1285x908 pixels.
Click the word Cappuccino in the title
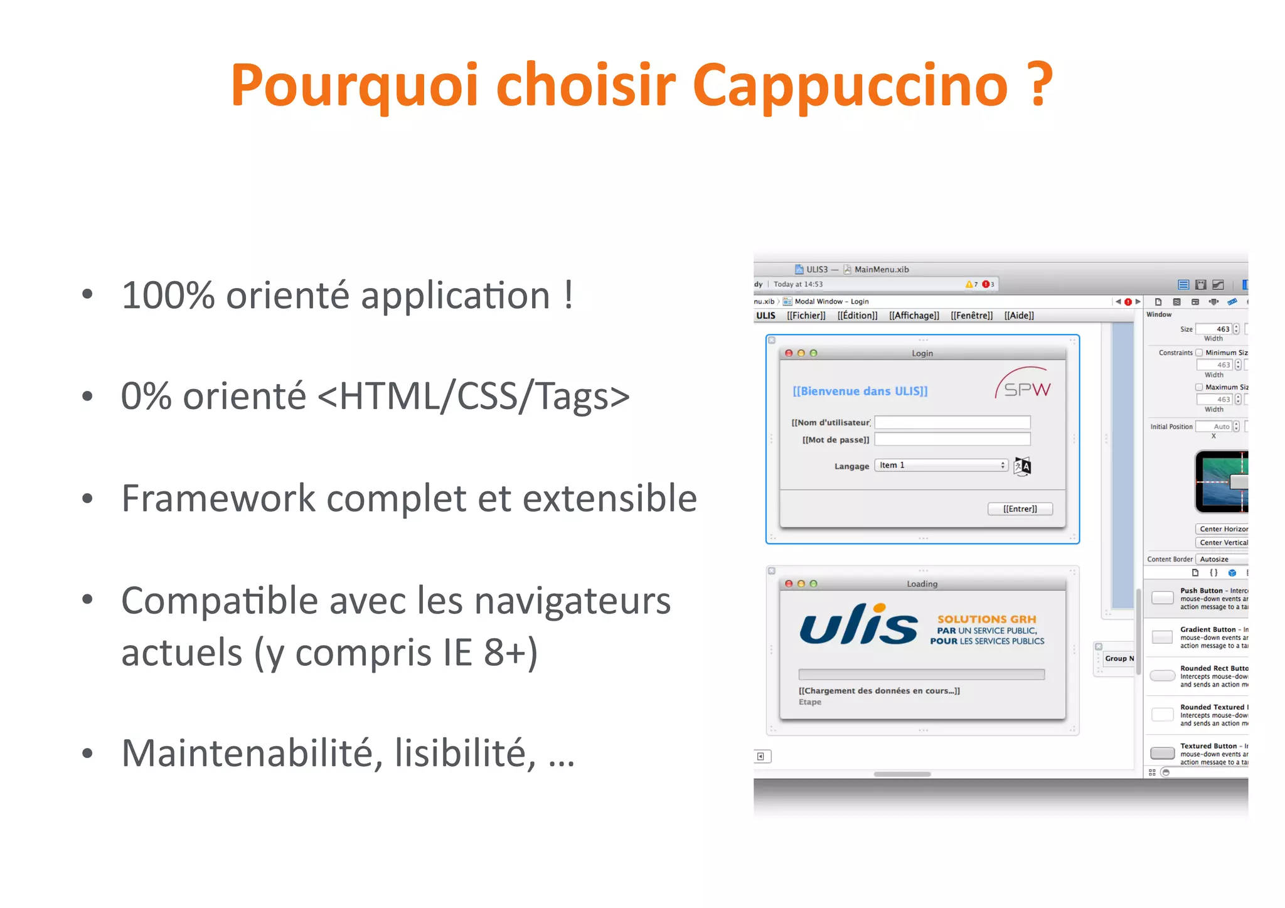pyautogui.click(x=850, y=86)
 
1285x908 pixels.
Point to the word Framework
pyautogui.click(x=218, y=498)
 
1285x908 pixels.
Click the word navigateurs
pyautogui.click(x=572, y=601)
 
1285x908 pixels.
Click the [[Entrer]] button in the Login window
pyautogui.click(x=1020, y=509)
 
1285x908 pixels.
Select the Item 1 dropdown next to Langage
pyautogui.click(x=941, y=466)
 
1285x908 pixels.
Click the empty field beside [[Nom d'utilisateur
pyautogui.click(x=952, y=422)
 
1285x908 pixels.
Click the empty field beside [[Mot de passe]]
pyautogui.click(x=952, y=439)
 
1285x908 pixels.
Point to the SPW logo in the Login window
pyautogui.click(x=1024, y=384)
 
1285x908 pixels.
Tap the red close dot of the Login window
pyautogui.click(x=789, y=353)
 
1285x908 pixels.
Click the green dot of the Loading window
pyautogui.click(x=814, y=584)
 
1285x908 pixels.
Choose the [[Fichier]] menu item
pyautogui.click(x=806, y=316)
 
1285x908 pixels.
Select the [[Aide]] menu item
pyautogui.click(x=1018, y=316)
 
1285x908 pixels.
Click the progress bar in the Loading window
pyautogui.click(x=921, y=675)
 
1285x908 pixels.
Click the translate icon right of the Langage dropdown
pyautogui.click(x=1022, y=466)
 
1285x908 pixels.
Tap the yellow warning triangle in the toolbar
pyautogui.click(x=969, y=284)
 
